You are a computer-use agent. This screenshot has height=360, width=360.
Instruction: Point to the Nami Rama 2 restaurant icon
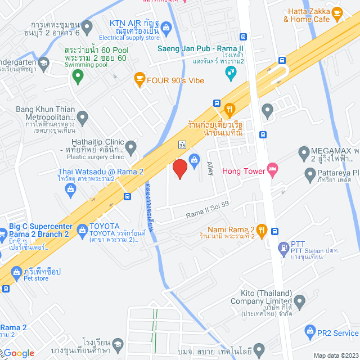click(x=261, y=229)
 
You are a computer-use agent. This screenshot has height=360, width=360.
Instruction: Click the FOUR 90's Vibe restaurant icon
click(x=138, y=79)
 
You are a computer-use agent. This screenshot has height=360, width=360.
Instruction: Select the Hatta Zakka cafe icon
click(x=337, y=11)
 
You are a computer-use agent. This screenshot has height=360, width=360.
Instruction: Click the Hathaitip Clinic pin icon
click(x=131, y=148)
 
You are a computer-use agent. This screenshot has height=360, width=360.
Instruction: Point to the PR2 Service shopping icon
click(x=309, y=332)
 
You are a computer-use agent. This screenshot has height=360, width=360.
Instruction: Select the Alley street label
click(x=210, y=167)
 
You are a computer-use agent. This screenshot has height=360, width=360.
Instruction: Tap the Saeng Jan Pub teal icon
click(x=230, y=73)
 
